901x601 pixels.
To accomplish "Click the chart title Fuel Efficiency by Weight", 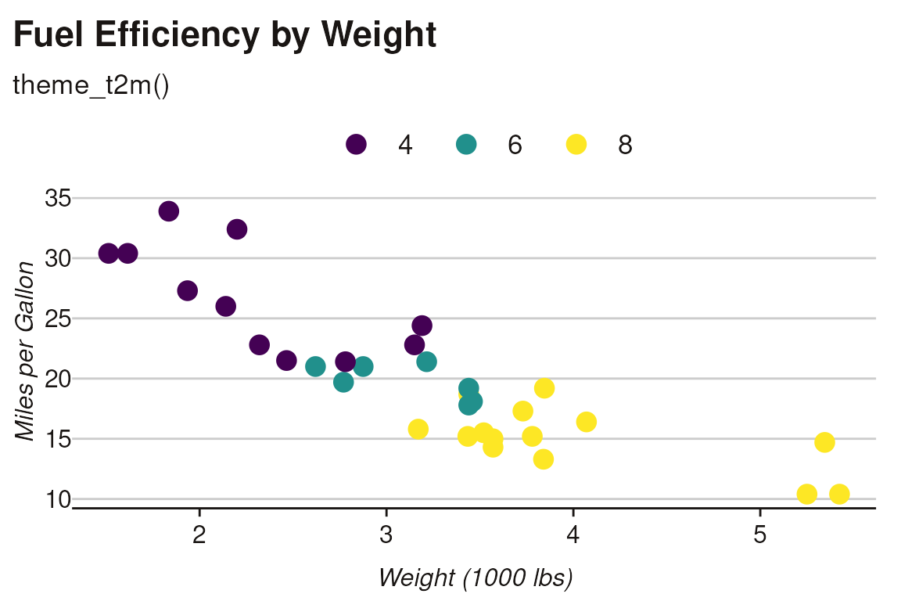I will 225,35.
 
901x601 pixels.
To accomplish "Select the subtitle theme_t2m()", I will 91,86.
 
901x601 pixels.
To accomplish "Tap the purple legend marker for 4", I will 357,145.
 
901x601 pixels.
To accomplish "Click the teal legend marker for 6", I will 466,145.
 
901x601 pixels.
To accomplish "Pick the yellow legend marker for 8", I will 576,145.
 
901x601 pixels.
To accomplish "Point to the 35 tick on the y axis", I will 58,199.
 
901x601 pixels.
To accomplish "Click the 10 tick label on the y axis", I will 58,499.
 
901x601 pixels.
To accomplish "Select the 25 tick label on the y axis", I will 58,319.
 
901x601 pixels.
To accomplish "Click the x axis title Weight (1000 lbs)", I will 476,578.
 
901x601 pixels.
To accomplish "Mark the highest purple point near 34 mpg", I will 169,211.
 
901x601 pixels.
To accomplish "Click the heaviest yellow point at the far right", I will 839,494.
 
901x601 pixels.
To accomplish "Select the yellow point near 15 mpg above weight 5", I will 824,443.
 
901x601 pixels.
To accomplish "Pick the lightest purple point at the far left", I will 109,254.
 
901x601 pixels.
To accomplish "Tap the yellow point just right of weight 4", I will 587,423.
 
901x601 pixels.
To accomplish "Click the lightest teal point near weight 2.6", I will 315,367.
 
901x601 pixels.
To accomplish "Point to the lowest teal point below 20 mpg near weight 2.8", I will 343,382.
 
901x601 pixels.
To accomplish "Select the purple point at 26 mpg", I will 226,307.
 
